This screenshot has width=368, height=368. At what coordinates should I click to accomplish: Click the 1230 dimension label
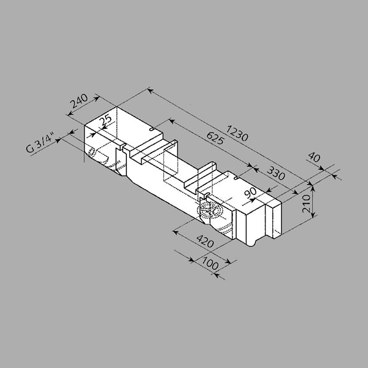point(237,133)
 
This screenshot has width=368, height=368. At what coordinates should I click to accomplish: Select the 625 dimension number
point(215,139)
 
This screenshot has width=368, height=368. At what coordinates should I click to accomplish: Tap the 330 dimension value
point(276,173)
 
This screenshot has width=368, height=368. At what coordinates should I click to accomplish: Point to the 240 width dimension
point(79,101)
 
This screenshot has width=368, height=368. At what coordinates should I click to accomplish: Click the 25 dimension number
point(105,120)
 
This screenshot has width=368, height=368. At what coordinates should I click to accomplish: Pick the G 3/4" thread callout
point(40,143)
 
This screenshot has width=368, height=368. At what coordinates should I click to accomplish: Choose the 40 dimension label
point(314,157)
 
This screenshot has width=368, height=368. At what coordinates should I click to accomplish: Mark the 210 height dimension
point(306,204)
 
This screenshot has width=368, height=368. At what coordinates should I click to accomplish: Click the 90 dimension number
point(250,193)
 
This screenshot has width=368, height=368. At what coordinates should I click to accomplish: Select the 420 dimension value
point(205,241)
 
